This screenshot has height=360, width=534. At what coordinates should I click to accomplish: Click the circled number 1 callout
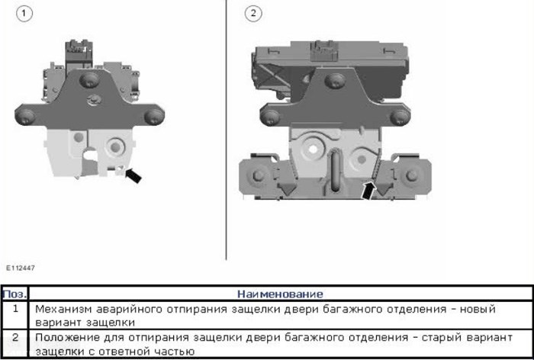pyautogui.click(x=24, y=14)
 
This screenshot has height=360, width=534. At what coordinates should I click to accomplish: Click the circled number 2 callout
pyautogui.click(x=253, y=14)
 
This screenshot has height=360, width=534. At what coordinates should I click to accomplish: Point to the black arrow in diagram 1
pyautogui.click(x=133, y=175)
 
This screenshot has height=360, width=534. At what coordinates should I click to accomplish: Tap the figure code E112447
pyautogui.click(x=21, y=268)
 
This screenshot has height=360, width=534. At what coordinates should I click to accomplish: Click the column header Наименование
pyautogui.click(x=280, y=294)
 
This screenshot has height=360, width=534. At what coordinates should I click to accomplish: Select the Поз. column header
pyautogui.click(x=14, y=294)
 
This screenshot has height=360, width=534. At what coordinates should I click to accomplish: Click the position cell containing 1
pyautogui.click(x=15, y=309)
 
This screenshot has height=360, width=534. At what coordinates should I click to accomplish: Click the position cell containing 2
pyautogui.click(x=15, y=338)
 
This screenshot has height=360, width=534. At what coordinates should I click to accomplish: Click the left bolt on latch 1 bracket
pyautogui.click(x=25, y=117)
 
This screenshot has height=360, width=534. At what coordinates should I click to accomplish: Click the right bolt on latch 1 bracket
pyautogui.click(x=154, y=117)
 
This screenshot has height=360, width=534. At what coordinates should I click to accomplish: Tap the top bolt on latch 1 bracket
pyautogui.click(x=89, y=80)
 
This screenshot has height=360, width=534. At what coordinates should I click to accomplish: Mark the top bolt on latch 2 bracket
pyautogui.click(x=335, y=81)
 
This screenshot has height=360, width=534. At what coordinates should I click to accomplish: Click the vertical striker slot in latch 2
pyautogui.click(x=335, y=171)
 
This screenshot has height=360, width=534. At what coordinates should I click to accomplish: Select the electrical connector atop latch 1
pyautogui.click(x=79, y=54)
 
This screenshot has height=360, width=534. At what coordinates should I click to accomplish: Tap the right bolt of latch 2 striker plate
pyautogui.click(x=413, y=175)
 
